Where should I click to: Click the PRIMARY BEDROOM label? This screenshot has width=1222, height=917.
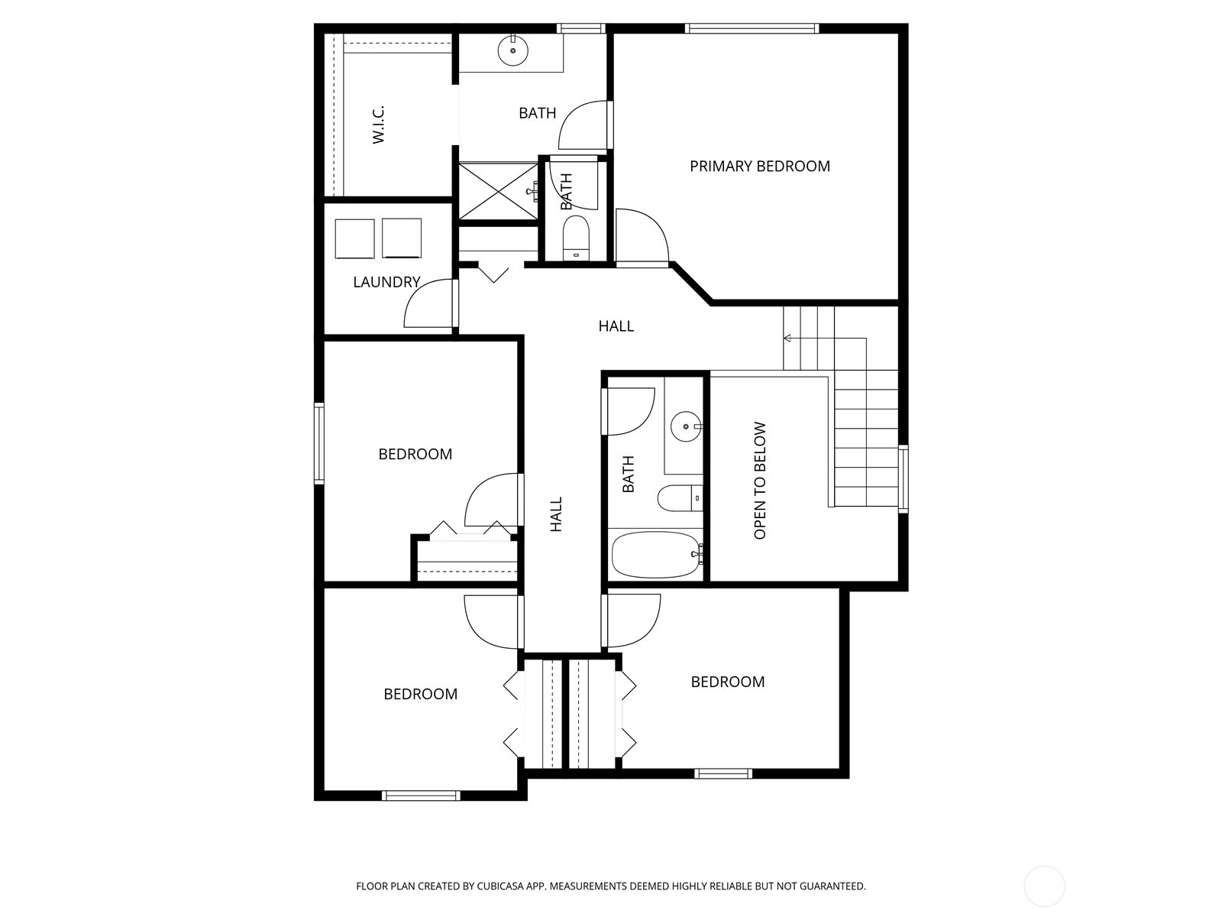tap(759, 167)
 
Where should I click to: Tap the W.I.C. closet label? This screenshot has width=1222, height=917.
tap(379, 125)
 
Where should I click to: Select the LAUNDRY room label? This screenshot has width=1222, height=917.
tap(386, 282)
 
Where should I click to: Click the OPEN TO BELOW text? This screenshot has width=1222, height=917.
tap(760, 481)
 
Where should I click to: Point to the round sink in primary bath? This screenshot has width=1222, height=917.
tap(512, 51)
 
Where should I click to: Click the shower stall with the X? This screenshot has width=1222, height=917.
tap(497, 191)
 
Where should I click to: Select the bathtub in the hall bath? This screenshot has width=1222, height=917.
tap(656, 556)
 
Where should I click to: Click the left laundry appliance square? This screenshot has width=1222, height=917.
tap(355, 238)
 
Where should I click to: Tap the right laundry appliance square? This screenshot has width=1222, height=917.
tap(402, 238)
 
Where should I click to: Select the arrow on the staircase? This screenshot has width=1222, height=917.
tap(787, 338)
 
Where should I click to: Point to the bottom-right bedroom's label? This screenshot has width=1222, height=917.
tap(727, 682)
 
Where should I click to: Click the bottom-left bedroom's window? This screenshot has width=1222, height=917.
tap(421, 795)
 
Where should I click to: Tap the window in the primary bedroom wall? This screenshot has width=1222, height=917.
tap(752, 29)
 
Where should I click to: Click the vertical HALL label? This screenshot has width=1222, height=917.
tap(556, 514)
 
